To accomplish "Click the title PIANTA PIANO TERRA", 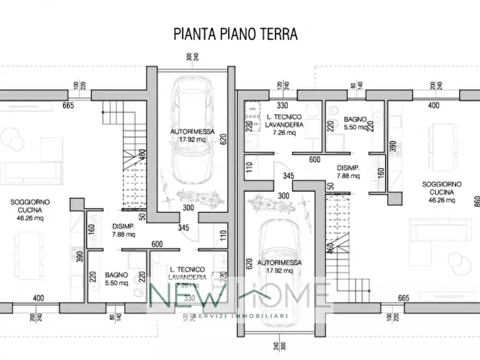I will tap(235, 34).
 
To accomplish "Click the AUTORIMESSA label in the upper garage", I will tap(193, 131).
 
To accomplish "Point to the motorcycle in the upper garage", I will tap(199, 198).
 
